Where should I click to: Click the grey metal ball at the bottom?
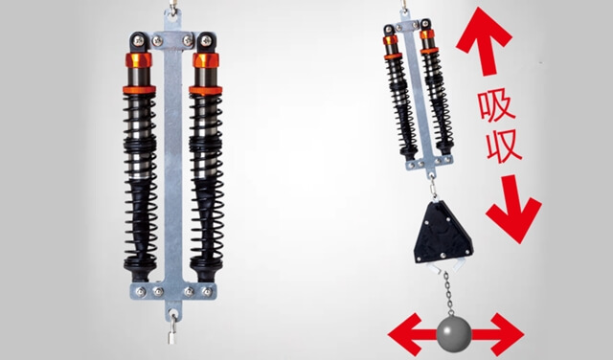click(x=453, y=335)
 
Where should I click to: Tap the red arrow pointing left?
click(x=412, y=334)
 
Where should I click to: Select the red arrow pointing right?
click(x=497, y=334)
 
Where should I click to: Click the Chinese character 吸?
click(x=496, y=105)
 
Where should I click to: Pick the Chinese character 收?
click(x=504, y=146)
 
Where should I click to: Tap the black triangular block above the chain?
click(x=443, y=233)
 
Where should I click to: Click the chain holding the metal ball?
click(x=448, y=294)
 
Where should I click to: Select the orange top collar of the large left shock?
click(x=139, y=60)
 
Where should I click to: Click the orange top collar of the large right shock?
click(x=206, y=60)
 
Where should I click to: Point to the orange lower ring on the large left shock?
click(x=139, y=90)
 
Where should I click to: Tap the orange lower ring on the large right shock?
click(x=206, y=90)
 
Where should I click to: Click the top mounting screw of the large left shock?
click(x=139, y=40)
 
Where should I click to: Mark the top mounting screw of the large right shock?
click(x=205, y=40)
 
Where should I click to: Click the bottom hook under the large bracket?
click(x=172, y=326)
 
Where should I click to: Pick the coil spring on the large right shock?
click(x=207, y=181)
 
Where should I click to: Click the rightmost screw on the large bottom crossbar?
click(x=207, y=292)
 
